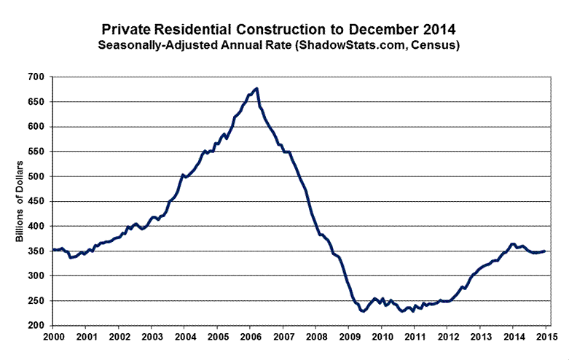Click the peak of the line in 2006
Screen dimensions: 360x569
257,89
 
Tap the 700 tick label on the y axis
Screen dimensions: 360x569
36,77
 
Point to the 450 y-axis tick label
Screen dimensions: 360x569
36,202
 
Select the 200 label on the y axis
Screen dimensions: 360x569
36,326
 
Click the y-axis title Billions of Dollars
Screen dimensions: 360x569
20,200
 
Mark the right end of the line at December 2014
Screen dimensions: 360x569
545,251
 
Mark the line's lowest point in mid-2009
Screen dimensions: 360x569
363,311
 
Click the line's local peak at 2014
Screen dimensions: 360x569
513,244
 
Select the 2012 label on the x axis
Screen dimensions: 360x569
448,338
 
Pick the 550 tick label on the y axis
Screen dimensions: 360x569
36,152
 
